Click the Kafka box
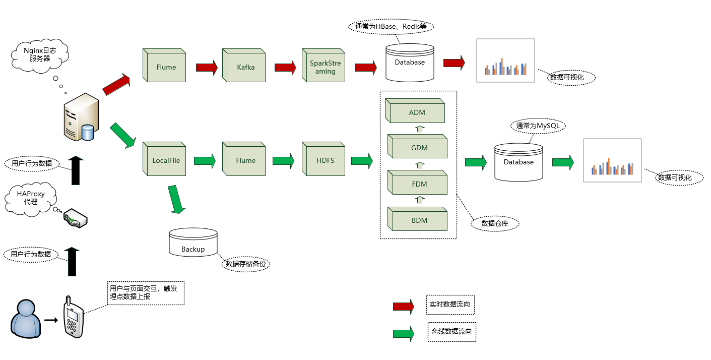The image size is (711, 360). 245,67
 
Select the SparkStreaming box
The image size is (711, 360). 325,67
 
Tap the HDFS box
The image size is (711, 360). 325,160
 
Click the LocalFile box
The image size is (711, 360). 166,160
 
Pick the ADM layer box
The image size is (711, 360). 417,112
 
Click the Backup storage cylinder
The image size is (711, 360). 193,243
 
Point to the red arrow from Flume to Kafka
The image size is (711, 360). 206,67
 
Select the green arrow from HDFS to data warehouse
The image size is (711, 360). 362,161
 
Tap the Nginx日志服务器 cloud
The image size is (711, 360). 40,54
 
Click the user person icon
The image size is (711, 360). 26,318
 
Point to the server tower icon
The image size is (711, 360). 81,117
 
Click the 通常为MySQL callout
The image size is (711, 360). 538,126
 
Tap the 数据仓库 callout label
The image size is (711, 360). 494,223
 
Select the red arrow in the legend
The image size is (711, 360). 403,306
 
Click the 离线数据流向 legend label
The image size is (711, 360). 451,332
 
